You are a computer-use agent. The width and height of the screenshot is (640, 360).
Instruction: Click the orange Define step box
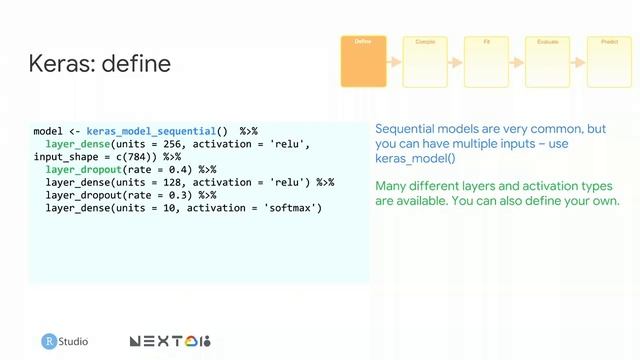[363, 61]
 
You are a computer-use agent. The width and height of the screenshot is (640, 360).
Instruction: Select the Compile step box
[424, 61]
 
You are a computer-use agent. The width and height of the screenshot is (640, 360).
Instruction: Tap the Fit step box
[486, 61]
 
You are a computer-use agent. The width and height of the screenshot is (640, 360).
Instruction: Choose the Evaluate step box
[547, 61]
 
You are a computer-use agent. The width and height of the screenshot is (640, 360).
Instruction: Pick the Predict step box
[609, 61]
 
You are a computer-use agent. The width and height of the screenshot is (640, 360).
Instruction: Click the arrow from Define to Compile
[394, 62]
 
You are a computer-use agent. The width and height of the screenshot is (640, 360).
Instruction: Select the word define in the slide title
[140, 63]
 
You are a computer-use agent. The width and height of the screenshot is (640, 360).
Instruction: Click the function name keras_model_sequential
[156, 131]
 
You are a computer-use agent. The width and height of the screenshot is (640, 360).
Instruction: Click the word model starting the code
[48, 131]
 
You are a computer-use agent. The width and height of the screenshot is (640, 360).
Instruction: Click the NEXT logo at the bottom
[170, 342]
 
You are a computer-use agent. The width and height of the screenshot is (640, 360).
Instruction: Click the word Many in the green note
[392, 187]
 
